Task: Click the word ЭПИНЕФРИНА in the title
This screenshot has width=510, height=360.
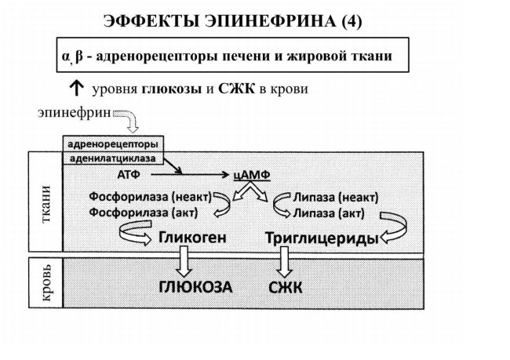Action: click(271, 21)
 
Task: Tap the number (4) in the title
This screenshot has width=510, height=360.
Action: click(352, 21)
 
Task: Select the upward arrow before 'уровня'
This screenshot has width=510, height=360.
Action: click(77, 88)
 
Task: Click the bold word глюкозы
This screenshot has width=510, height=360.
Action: click(172, 89)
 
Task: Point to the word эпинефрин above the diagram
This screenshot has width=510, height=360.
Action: click(75, 113)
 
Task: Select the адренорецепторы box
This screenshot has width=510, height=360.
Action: click(113, 144)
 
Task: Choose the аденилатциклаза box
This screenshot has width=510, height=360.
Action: click(113, 158)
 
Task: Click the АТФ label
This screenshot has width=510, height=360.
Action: click(129, 175)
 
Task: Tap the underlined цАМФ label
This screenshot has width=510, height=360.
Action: click(252, 175)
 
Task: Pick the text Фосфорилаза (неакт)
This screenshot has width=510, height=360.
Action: click(151, 196)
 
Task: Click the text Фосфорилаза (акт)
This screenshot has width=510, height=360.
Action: click(144, 213)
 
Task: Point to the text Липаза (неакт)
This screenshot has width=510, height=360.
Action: click(336, 197)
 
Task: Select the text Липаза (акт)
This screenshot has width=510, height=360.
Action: click(329, 213)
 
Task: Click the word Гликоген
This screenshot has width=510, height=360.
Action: click(192, 238)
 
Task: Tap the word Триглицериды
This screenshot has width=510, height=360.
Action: click(322, 238)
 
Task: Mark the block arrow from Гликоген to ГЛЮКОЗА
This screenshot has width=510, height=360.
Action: click(184, 261)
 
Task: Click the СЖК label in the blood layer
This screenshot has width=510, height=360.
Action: click(286, 288)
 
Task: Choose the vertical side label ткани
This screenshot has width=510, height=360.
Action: click(46, 204)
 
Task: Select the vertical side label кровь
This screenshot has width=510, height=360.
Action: click(46, 282)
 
